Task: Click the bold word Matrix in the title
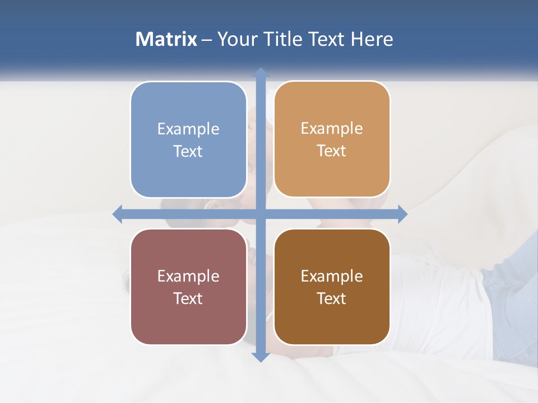(x=166, y=39)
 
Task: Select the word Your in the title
(x=235, y=39)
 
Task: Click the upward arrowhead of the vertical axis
(x=260, y=73)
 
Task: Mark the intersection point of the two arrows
(x=260, y=214)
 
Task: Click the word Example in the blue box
(x=188, y=129)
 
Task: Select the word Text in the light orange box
(x=332, y=151)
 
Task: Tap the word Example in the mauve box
(x=188, y=276)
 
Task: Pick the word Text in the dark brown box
(x=332, y=298)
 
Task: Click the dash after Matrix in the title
(x=207, y=40)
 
